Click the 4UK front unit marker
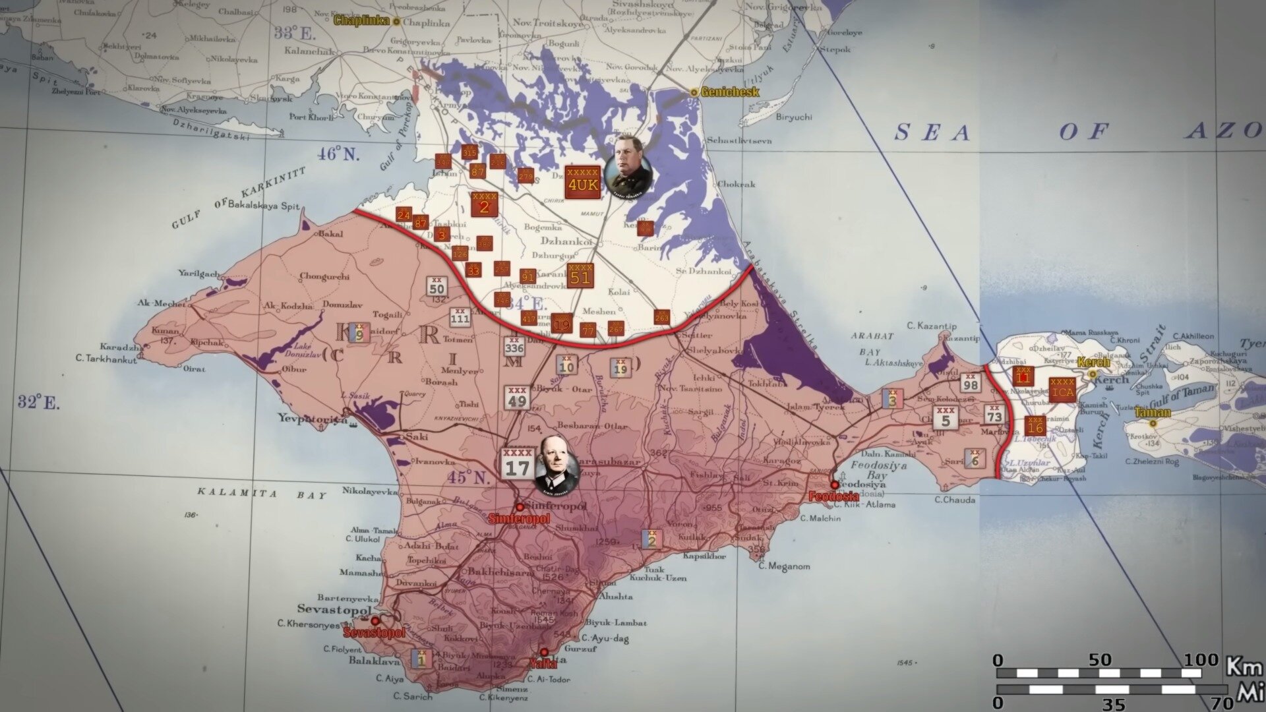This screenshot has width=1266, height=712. tap(582, 181)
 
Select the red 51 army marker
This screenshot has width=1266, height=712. tap(580, 276)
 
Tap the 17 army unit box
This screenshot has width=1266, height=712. tap(518, 463)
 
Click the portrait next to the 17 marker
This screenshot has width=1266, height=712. tap(557, 464)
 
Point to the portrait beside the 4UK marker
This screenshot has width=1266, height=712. tap(627, 165)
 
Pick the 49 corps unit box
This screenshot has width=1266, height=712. tap(517, 398)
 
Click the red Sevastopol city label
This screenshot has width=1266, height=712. tap(374, 633)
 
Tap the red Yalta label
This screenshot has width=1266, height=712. tap(543, 664)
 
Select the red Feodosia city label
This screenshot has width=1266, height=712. tap(833, 496)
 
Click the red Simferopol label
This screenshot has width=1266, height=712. tap(519, 519)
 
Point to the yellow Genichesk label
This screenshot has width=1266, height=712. tap(729, 92)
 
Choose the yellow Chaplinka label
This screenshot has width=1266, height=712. tap(359, 20)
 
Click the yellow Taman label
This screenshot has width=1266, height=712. tap(1153, 413)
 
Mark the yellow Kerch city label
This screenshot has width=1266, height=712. tap(1093, 363)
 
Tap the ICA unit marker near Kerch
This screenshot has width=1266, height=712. tap(1062, 390)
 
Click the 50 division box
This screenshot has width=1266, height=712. tap(437, 286)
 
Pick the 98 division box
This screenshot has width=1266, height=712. tap(970, 382)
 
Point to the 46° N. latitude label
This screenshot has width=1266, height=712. tap(338, 154)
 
